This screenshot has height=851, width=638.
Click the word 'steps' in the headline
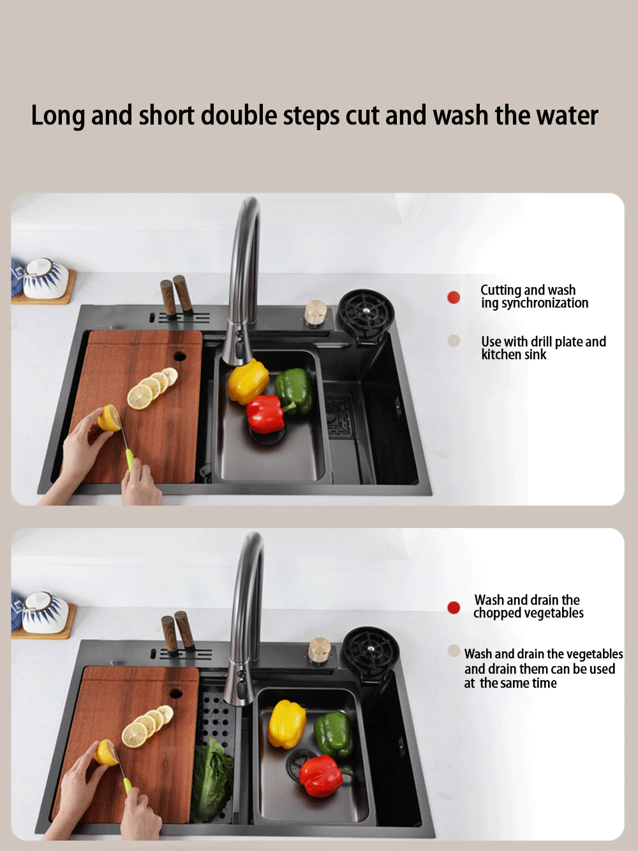311,116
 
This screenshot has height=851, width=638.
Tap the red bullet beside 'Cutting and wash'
454,297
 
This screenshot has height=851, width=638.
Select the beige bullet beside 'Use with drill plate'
454,341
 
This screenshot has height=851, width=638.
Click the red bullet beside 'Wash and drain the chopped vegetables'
454,607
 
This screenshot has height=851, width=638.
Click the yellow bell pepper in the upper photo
248,380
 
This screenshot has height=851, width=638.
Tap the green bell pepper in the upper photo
295,390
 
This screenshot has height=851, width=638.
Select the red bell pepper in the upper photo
267,414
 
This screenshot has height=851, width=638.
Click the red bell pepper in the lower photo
322,776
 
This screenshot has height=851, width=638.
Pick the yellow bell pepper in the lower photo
287,724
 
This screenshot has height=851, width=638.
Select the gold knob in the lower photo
320,650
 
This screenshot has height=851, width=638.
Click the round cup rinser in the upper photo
366,311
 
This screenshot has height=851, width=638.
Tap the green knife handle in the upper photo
130,459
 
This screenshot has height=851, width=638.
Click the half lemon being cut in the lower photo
105,753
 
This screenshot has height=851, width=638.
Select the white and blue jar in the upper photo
45,278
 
